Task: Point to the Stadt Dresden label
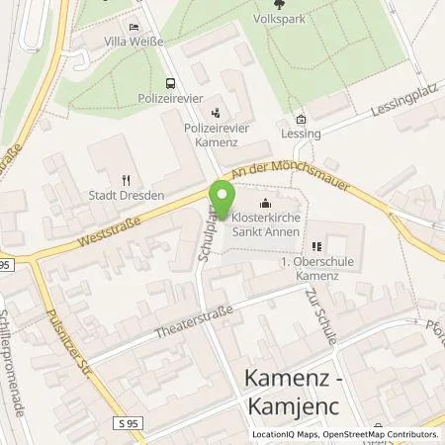pos(126,194)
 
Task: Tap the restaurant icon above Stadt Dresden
pos(126,179)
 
